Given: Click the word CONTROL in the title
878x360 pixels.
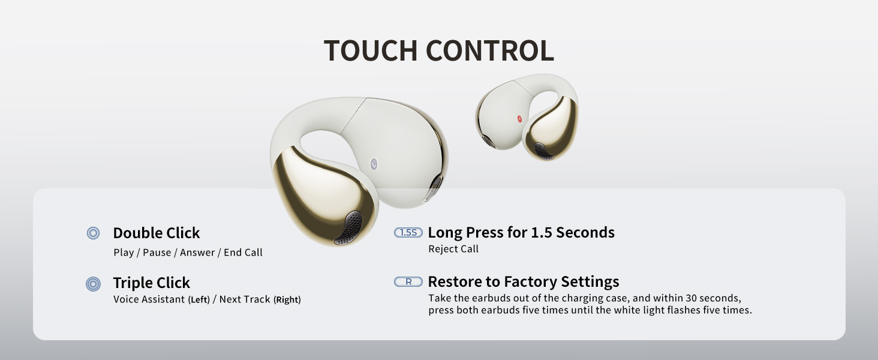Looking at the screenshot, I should tap(489, 51).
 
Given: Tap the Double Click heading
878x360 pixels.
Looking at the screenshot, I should tap(156, 233).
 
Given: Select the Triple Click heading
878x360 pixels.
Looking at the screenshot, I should tap(151, 283).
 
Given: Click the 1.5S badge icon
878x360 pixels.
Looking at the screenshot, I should tap(408, 232).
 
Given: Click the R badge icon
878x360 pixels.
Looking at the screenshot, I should tap(408, 281).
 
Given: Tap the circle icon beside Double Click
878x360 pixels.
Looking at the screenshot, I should tap(93, 233).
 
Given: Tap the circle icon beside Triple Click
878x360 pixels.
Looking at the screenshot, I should tap(93, 284).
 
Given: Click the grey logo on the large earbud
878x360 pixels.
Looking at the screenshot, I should tap(374, 163).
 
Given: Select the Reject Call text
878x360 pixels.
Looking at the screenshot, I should tap(453, 249).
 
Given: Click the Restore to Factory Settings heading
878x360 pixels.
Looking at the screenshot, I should tap(523, 281).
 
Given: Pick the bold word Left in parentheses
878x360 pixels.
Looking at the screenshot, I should tap(199, 299).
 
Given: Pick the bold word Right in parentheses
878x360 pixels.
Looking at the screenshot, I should tap(287, 299).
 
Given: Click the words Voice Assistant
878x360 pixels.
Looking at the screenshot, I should tap(149, 299).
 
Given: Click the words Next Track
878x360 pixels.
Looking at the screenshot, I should tap(245, 299).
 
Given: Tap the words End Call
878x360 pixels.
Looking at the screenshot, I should tap(243, 253).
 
